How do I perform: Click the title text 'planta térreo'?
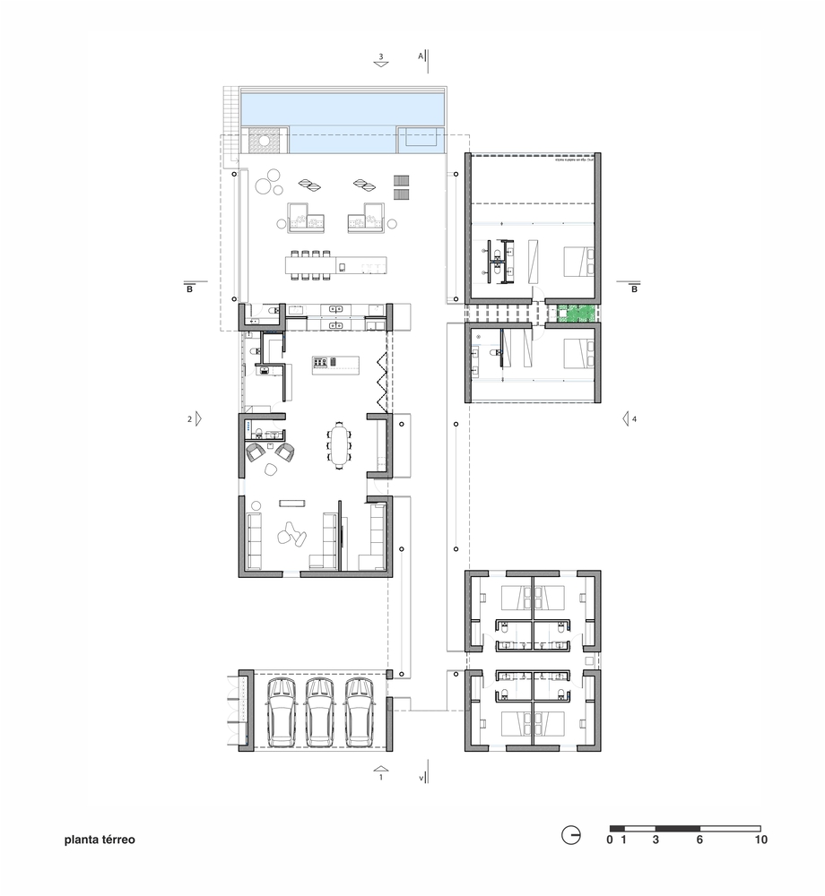pyautogui.click(x=100, y=841)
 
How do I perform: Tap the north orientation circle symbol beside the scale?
pyautogui.click(x=570, y=836)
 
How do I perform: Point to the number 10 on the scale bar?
pyautogui.click(x=760, y=840)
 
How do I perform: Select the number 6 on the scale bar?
pyautogui.click(x=699, y=840)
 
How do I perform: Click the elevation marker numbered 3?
pyautogui.click(x=381, y=60)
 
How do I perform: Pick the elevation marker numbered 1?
pyautogui.click(x=381, y=773)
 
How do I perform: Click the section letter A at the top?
pyautogui.click(x=420, y=56)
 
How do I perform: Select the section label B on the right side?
pyautogui.click(x=634, y=289)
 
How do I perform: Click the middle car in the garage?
pyautogui.click(x=320, y=711)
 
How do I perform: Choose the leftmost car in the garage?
pyautogui.click(x=282, y=711)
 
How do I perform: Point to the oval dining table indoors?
pyautogui.click(x=340, y=445)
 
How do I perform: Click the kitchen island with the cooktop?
pyautogui.click(x=334, y=363)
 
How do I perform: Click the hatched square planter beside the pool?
pyautogui.click(x=265, y=141)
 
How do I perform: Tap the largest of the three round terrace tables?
pyautogui.click(x=265, y=186)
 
